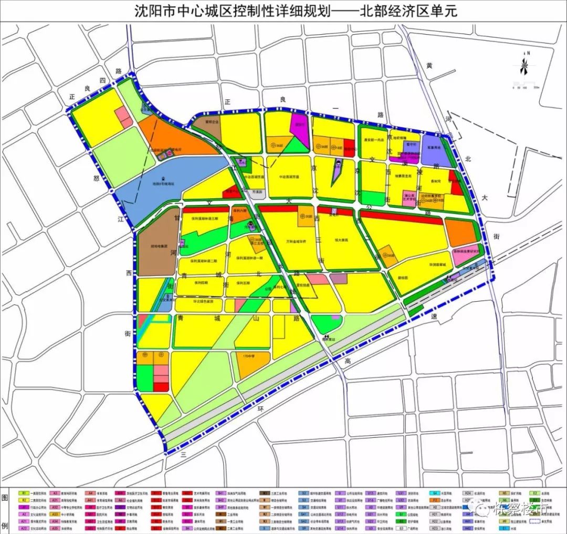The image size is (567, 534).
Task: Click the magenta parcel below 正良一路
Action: [x=300, y=126]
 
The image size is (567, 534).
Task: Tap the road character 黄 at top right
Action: [x=429, y=66]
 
